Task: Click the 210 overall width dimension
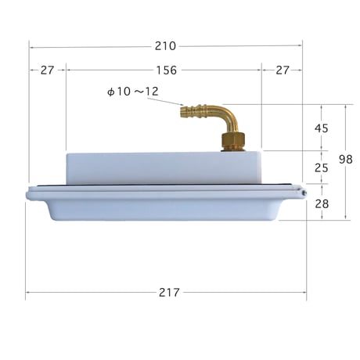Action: click(165, 46)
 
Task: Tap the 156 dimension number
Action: click(166, 70)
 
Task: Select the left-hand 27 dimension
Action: click(47, 70)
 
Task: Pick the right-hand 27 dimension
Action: click(283, 70)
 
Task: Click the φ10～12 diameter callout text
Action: click(133, 92)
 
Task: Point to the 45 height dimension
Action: click(321, 128)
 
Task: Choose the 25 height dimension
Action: click(321, 167)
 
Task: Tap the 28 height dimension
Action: click(322, 203)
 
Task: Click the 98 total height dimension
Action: click(346, 159)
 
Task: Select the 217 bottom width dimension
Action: click(169, 293)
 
